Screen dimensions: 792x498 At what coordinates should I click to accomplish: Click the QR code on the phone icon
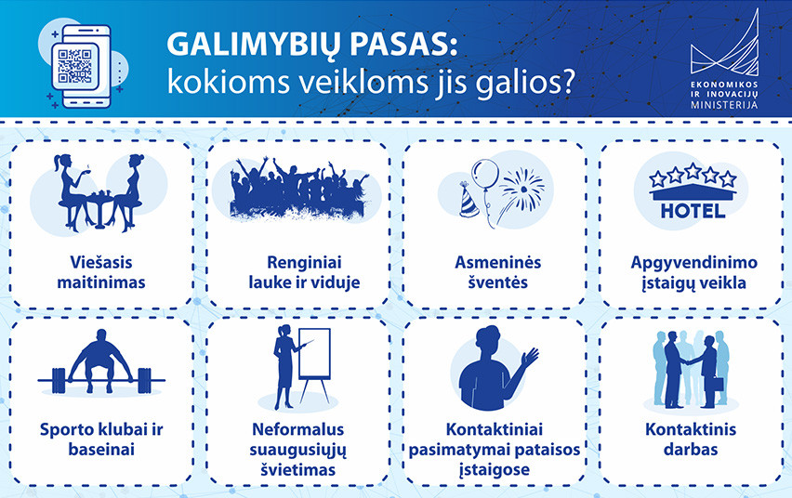click(74, 66)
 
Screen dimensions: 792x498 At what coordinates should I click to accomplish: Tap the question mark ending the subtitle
click(567, 81)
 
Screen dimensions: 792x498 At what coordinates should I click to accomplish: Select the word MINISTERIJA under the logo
click(724, 105)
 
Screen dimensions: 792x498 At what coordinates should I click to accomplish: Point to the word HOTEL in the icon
click(693, 211)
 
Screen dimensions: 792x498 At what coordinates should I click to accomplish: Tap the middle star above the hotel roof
click(693, 171)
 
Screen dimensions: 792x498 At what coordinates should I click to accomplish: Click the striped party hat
click(469, 200)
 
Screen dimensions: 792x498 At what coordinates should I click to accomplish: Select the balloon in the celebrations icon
click(485, 175)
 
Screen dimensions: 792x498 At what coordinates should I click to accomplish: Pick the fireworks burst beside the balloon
click(522, 189)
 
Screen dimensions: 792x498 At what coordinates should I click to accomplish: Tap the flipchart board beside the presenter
click(314, 354)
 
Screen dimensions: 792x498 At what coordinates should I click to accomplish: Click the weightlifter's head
click(101, 336)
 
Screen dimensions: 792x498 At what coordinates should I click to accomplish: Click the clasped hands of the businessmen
click(688, 361)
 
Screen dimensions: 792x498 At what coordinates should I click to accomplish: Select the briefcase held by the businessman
click(719, 384)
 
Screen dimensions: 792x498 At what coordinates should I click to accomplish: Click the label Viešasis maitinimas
click(101, 272)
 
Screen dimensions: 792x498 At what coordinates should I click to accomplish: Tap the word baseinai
click(101, 449)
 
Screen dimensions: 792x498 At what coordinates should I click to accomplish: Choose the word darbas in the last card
click(691, 449)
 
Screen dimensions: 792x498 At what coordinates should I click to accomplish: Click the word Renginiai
click(304, 263)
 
